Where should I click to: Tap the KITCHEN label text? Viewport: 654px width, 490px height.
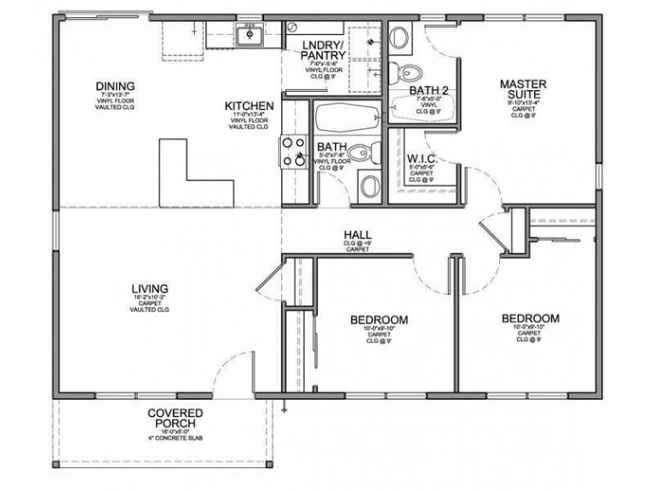249,106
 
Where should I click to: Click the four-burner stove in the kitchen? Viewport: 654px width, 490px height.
294,151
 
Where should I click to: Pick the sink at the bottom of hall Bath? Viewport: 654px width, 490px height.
370,185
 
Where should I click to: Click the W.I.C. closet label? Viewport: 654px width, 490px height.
422,159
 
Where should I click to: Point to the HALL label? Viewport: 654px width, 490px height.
356,234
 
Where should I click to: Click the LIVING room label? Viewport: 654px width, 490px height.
150,288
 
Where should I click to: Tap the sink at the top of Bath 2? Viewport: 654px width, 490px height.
400,37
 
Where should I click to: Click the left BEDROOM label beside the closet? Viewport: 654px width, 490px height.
379,320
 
